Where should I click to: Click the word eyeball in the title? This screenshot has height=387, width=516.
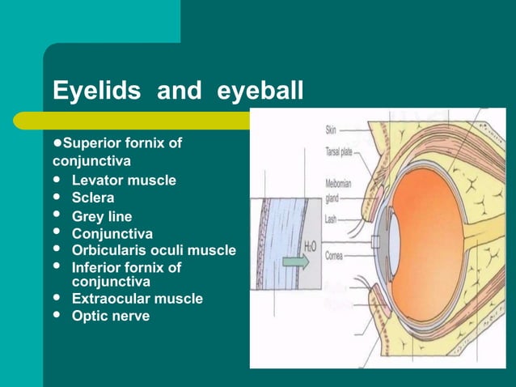click(260, 91)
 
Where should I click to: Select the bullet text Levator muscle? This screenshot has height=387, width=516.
click(123, 180)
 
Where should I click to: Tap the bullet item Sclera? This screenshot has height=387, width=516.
click(93, 198)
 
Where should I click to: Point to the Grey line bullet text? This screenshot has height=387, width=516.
click(102, 216)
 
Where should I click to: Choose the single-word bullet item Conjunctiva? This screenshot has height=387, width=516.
click(112, 234)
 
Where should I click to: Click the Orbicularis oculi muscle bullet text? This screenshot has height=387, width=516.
click(154, 250)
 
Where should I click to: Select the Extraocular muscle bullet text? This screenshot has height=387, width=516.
click(137, 299)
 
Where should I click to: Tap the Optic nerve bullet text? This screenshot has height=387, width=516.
click(110, 316)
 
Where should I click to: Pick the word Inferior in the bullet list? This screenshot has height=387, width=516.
click(99, 267)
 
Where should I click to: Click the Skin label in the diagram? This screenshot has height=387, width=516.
click(332, 129)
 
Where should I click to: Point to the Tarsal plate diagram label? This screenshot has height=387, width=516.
click(338, 149)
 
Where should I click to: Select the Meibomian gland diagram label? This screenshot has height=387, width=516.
click(338, 189)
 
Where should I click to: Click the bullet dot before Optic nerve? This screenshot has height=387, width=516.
click(56, 316)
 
